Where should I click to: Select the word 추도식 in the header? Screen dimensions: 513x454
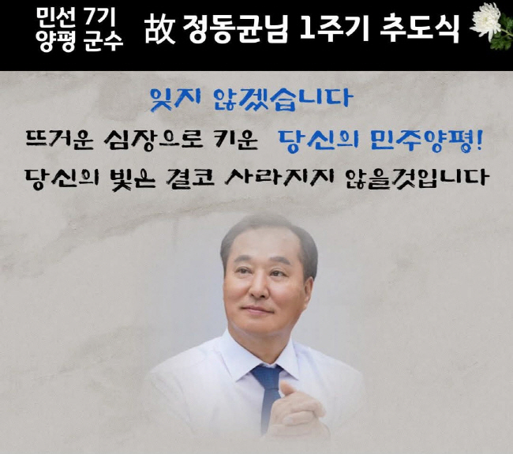pyautogui.click(x=420, y=28)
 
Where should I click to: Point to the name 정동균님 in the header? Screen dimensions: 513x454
pyautogui.click(x=235, y=29)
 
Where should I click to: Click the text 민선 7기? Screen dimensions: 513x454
pyautogui.click(x=76, y=17)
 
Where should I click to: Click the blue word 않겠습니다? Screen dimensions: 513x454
pyautogui.click(x=283, y=99)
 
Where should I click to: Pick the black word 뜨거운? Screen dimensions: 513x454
pyautogui.click(x=59, y=140)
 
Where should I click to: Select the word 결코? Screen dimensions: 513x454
pyautogui.click(x=190, y=178)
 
